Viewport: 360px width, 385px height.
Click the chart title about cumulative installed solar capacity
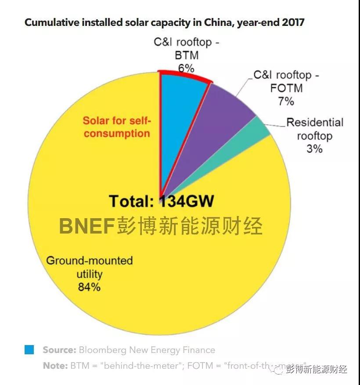tap(164, 23)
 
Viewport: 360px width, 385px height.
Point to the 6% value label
tap(186, 68)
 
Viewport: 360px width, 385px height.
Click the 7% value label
tap(286, 101)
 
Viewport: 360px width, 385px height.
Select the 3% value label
tap(314, 148)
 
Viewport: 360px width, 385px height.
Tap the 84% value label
tap(89, 288)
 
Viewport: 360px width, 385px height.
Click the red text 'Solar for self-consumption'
tap(117, 127)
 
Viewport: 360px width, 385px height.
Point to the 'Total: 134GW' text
tap(162, 201)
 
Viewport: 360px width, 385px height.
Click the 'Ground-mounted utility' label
tap(90, 267)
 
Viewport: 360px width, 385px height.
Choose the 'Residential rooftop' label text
tap(314, 129)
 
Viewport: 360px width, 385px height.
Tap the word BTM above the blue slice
tap(186, 55)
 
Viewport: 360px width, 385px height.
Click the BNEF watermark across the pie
tap(161, 226)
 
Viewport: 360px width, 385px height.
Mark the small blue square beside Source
tap(29, 350)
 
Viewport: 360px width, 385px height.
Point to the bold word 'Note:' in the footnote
tap(55, 365)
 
